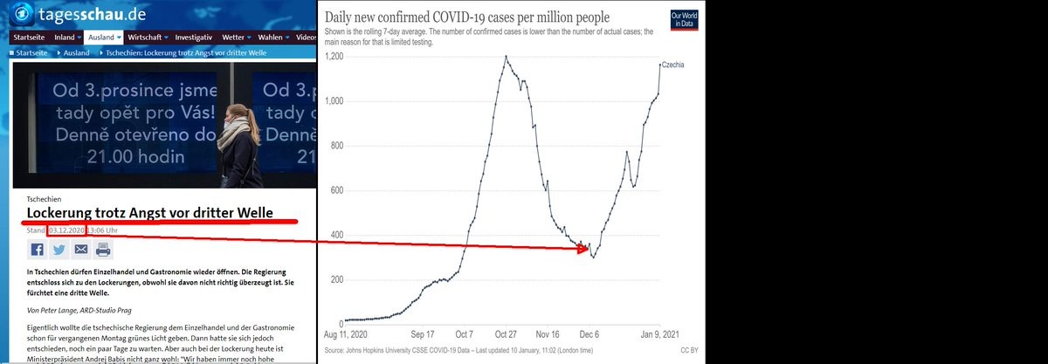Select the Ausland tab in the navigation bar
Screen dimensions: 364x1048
tap(104, 38)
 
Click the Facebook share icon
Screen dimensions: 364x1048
tap(38, 250)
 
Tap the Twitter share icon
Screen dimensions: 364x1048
tap(59, 250)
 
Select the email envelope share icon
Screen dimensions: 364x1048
tap(81, 250)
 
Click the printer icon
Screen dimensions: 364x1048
tap(103, 250)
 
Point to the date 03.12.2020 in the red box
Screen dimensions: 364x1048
tap(66, 230)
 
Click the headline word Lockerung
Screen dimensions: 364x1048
tap(63, 212)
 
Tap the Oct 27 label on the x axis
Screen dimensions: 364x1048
tap(507, 333)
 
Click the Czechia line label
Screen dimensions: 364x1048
tap(672, 65)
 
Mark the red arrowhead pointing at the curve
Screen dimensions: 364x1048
tap(581, 250)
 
